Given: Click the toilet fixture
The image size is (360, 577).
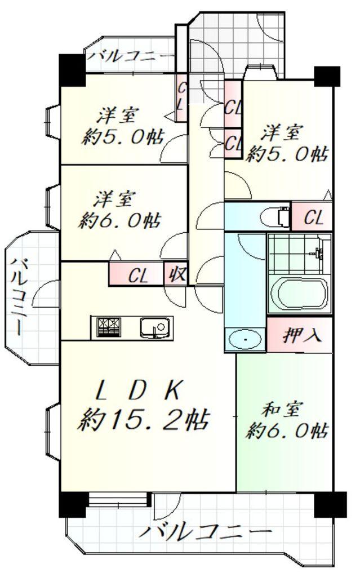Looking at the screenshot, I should click(x=275, y=216).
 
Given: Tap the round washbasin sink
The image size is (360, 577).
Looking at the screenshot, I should click(x=245, y=340).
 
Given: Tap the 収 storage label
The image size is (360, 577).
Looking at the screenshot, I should click(x=175, y=276).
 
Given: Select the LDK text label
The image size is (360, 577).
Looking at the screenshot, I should click(x=138, y=390).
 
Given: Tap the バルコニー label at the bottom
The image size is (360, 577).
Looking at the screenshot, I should click(x=206, y=532).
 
